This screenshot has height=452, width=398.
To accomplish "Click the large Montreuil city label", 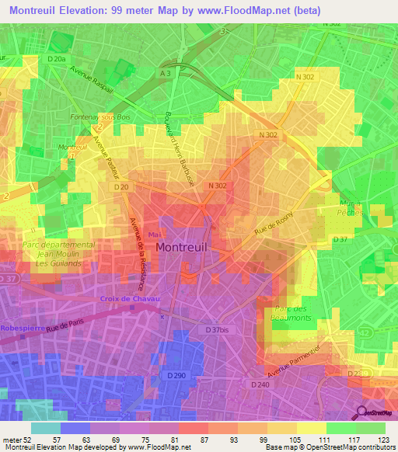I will coord(193,246).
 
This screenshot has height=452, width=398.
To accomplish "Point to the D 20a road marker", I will coord(57,58).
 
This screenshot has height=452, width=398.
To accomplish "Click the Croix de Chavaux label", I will coord(130,299).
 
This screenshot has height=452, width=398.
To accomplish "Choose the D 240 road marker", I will coord(260,384).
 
